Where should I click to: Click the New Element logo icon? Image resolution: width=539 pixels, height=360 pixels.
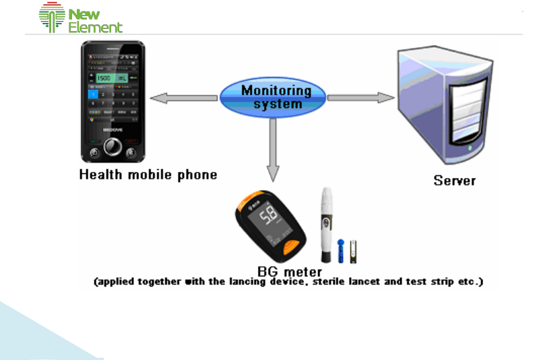coord(53,18)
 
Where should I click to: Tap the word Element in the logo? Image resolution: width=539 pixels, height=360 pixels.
coord(96,28)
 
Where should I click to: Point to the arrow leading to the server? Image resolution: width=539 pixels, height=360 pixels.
coord(360,98)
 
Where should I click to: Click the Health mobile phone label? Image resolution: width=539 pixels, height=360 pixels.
coord(148,175)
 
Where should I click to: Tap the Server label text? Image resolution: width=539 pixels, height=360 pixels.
coord(455,181)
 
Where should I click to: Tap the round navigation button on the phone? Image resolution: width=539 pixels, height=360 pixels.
coord(113,146)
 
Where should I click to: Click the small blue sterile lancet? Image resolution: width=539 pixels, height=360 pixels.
coord(341,251)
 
